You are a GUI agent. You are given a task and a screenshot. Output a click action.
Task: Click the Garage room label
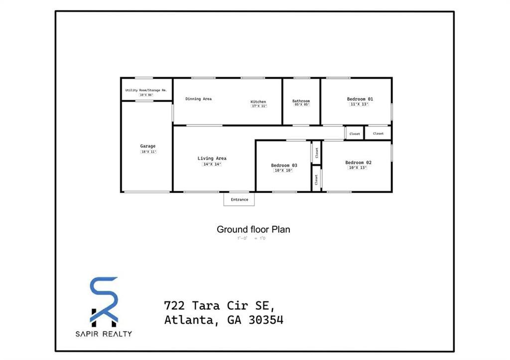point(147,146)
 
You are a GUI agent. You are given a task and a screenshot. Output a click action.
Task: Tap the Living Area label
point(212,158)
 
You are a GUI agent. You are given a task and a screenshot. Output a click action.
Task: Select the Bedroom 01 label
point(360,99)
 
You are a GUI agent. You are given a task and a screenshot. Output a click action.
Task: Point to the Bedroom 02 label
point(358,162)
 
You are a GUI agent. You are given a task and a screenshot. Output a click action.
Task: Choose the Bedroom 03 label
point(284,165)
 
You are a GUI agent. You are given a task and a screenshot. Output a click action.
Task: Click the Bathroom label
point(301,101)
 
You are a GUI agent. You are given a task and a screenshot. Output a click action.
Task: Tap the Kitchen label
point(258,102)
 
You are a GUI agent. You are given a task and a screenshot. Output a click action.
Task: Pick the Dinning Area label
point(198,99)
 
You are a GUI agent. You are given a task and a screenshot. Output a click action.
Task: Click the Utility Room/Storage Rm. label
point(146,90)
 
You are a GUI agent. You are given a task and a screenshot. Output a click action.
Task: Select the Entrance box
point(239,200)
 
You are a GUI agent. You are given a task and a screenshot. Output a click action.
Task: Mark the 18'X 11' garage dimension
point(148,152)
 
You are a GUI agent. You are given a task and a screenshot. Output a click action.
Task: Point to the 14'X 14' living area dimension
point(212,164)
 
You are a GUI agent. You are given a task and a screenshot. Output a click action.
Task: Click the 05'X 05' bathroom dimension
point(301,105)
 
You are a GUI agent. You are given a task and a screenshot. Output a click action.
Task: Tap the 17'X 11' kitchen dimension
point(259,106)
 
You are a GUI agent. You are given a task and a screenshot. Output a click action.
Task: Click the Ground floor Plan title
point(253,230)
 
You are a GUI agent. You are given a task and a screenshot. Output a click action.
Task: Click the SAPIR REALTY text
point(104,334)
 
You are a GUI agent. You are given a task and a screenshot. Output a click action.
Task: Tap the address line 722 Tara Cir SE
point(219,305)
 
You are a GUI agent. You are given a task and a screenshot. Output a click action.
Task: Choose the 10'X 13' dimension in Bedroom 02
point(357,168)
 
